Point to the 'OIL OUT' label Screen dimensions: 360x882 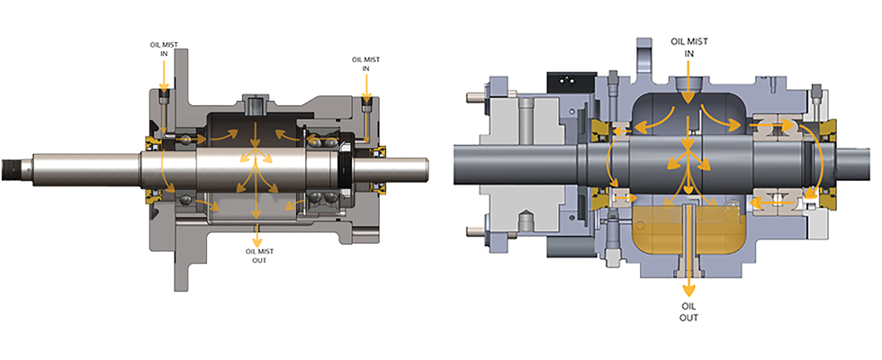[688, 311]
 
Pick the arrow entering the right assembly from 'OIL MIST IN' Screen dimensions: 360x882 [688, 85]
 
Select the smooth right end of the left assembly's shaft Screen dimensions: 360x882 [409, 168]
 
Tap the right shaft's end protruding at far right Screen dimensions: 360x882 [859, 166]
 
